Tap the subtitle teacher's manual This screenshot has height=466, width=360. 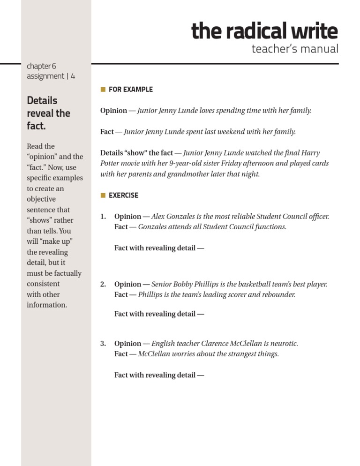pyautogui.click(x=294, y=49)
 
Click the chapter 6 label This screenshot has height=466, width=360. pyautogui.click(x=42, y=66)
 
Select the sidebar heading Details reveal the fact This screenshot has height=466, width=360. pyautogui.click(x=48, y=113)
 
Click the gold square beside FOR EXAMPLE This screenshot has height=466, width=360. pyautogui.click(x=103, y=89)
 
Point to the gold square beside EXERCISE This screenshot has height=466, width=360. pyautogui.click(x=103, y=195)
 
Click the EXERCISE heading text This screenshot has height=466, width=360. pyautogui.click(x=123, y=195)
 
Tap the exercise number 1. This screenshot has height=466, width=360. pyautogui.click(x=103, y=217)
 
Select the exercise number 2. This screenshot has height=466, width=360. pyautogui.click(x=103, y=284)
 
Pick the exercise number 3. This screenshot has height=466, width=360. pyautogui.click(x=103, y=344)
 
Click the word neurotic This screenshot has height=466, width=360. pyautogui.click(x=283, y=344)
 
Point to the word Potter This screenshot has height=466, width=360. pyautogui.click(x=111, y=164)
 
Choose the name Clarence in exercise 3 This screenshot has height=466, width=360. pyautogui.click(x=215, y=344)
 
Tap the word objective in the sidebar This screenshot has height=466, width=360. pyautogui.click(x=41, y=199)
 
